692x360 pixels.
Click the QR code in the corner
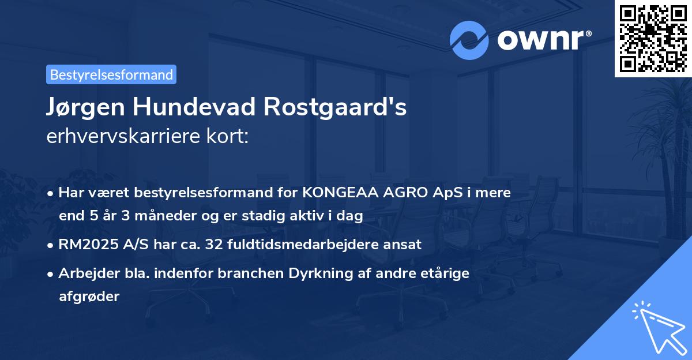coord(653,38)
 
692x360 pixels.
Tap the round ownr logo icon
coord(469,40)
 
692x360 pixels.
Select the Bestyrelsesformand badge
coord(111,74)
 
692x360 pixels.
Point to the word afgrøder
coord(89,297)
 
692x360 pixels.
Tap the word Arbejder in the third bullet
coord(84,273)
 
